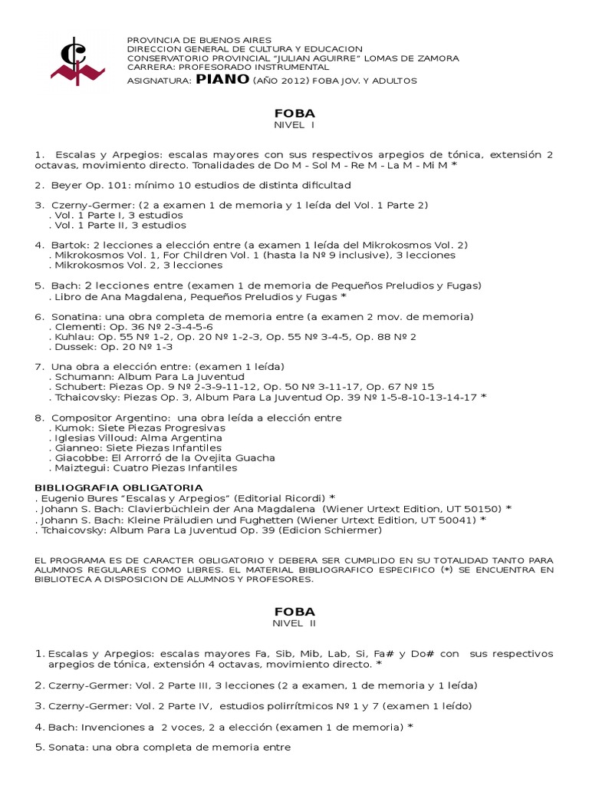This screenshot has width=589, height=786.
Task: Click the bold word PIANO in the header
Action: (x=222, y=79)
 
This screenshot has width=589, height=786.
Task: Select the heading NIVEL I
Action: (x=294, y=125)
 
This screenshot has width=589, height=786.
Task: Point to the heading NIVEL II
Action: (x=294, y=624)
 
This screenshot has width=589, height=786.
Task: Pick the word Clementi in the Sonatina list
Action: (x=77, y=326)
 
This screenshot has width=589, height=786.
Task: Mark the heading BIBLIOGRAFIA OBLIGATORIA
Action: (x=119, y=488)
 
